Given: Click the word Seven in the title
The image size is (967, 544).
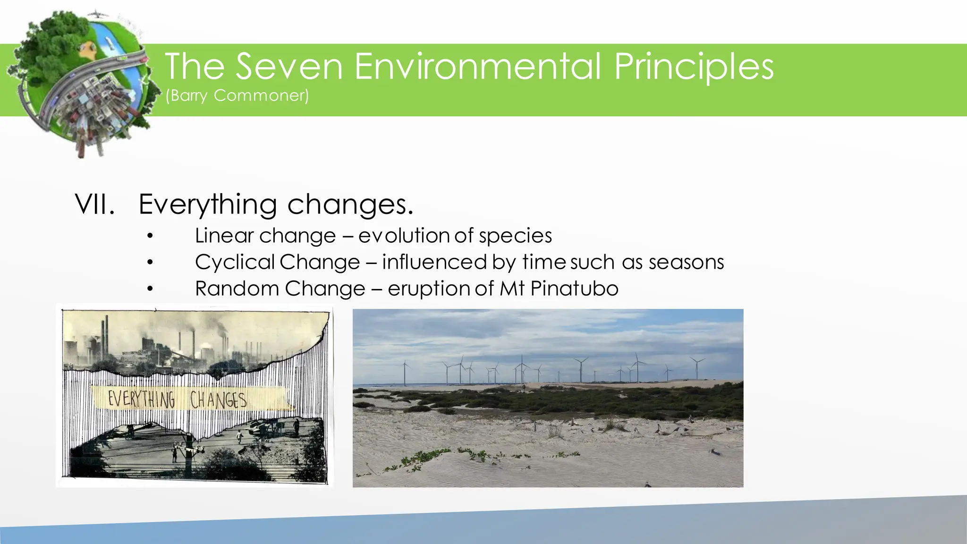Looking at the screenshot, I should click(x=289, y=67).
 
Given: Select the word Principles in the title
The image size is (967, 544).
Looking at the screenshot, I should click(x=694, y=67).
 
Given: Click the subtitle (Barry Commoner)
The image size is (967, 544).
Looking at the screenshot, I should click(x=237, y=96).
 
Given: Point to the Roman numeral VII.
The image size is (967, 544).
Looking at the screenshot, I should click(x=95, y=204).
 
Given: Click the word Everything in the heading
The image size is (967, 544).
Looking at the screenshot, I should click(x=208, y=204).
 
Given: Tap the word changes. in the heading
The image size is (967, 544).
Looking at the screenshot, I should click(x=350, y=204).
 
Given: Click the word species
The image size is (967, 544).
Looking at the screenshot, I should click(x=515, y=236).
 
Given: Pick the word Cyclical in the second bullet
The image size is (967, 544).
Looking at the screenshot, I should click(x=235, y=262).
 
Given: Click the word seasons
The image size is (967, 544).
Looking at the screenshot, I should click(x=686, y=262).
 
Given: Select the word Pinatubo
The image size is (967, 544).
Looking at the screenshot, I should click(x=574, y=289).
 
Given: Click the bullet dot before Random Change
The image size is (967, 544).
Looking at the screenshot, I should click(x=150, y=289).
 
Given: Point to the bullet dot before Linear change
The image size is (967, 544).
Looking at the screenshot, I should click(x=150, y=236).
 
